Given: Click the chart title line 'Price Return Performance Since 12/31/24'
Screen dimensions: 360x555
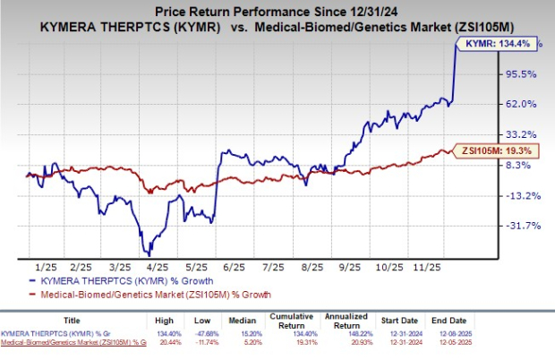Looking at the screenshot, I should (x=277, y=11).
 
